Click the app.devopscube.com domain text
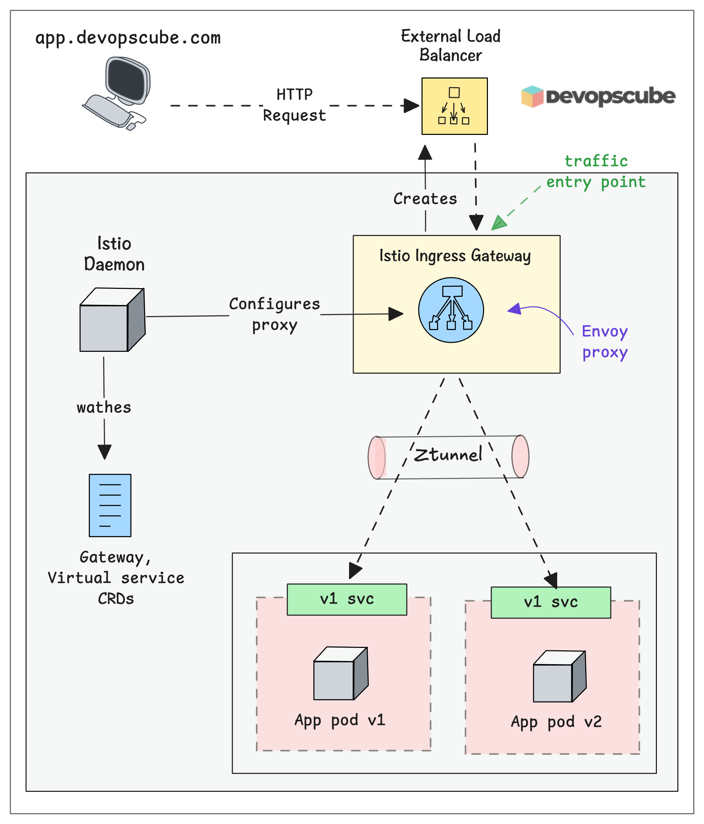click(128, 38)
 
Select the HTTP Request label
click(294, 105)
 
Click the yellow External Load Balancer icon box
click(454, 106)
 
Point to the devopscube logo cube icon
click(532, 97)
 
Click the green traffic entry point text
click(596, 172)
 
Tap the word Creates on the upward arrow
click(425, 199)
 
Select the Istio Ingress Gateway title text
click(455, 256)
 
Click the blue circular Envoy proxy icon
click(451, 310)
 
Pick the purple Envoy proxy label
click(605, 342)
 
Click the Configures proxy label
click(274, 314)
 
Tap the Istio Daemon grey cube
click(112, 320)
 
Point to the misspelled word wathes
click(104, 408)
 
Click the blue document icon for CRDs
click(110, 505)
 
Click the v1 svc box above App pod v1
click(347, 599)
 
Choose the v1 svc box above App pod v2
click(550, 602)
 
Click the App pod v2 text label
click(556, 722)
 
